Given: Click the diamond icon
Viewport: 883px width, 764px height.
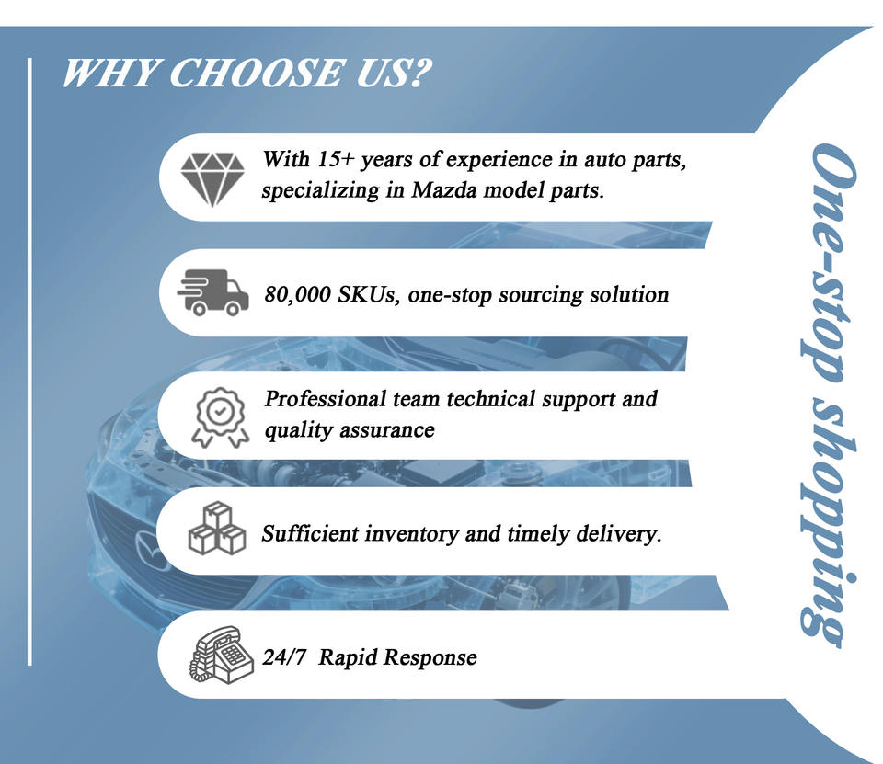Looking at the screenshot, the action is point(212,179).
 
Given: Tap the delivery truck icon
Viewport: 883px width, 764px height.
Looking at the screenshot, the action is point(212,292).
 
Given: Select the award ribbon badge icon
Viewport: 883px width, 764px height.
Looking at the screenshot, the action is point(220,417).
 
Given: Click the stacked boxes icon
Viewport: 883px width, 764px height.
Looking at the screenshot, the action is point(217,528).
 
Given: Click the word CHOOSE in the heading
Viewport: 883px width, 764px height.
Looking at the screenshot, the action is point(257,74).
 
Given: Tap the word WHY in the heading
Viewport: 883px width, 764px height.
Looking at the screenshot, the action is point(110,74).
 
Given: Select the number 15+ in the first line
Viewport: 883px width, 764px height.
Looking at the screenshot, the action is point(336,159).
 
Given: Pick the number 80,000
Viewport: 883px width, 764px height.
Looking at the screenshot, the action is point(298,294).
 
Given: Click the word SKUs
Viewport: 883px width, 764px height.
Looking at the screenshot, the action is point(368,294).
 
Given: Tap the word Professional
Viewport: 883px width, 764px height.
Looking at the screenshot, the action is point(325,399).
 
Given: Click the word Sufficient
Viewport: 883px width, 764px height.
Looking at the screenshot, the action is point(310,533).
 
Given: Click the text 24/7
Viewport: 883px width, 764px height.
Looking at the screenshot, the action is point(284,657).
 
